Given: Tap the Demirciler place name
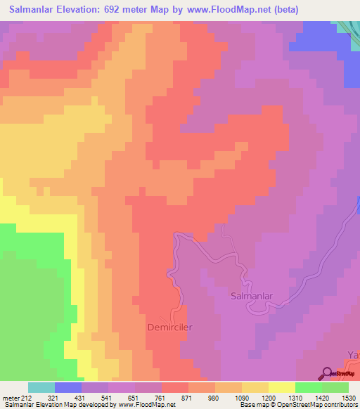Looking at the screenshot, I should (170, 327).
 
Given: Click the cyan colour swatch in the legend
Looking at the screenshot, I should (41, 387).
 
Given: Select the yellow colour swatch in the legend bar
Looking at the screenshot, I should (281, 387).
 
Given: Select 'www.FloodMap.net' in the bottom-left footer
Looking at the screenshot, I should (146, 405).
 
